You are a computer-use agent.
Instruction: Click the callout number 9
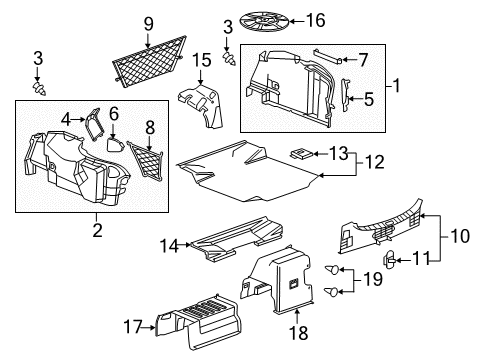click(148, 22)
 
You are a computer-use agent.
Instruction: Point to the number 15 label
click(204, 59)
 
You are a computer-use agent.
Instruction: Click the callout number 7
click(363, 59)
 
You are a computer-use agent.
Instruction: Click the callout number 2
click(97, 229)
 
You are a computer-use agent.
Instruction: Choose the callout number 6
click(114, 114)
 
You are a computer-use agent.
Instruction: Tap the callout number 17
click(132, 325)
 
